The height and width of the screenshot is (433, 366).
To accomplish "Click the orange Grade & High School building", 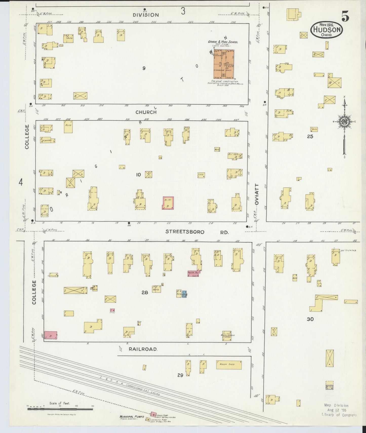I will pos(224,64).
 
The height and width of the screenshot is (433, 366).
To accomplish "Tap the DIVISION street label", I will pos(146,15).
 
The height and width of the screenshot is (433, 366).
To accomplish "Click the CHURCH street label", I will pos(146,112).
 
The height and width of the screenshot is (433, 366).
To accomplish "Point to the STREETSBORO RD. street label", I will pos(197,232).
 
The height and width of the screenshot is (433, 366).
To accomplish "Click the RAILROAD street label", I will pos(143,349).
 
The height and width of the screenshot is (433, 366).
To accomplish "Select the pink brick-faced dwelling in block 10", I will pos(168,203).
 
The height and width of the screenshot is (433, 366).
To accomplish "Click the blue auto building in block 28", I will pos(184,294).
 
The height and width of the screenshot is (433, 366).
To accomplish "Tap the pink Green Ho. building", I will pos(194,273).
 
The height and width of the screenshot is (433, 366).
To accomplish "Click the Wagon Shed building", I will pos(229,365).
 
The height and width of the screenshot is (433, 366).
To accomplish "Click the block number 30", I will pos(310,319).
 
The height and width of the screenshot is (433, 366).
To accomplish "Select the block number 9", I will pos(144,68).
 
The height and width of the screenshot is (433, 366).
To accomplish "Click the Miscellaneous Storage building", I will pos(227,336).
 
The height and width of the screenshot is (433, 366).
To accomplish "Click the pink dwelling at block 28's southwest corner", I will pos(51,335).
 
